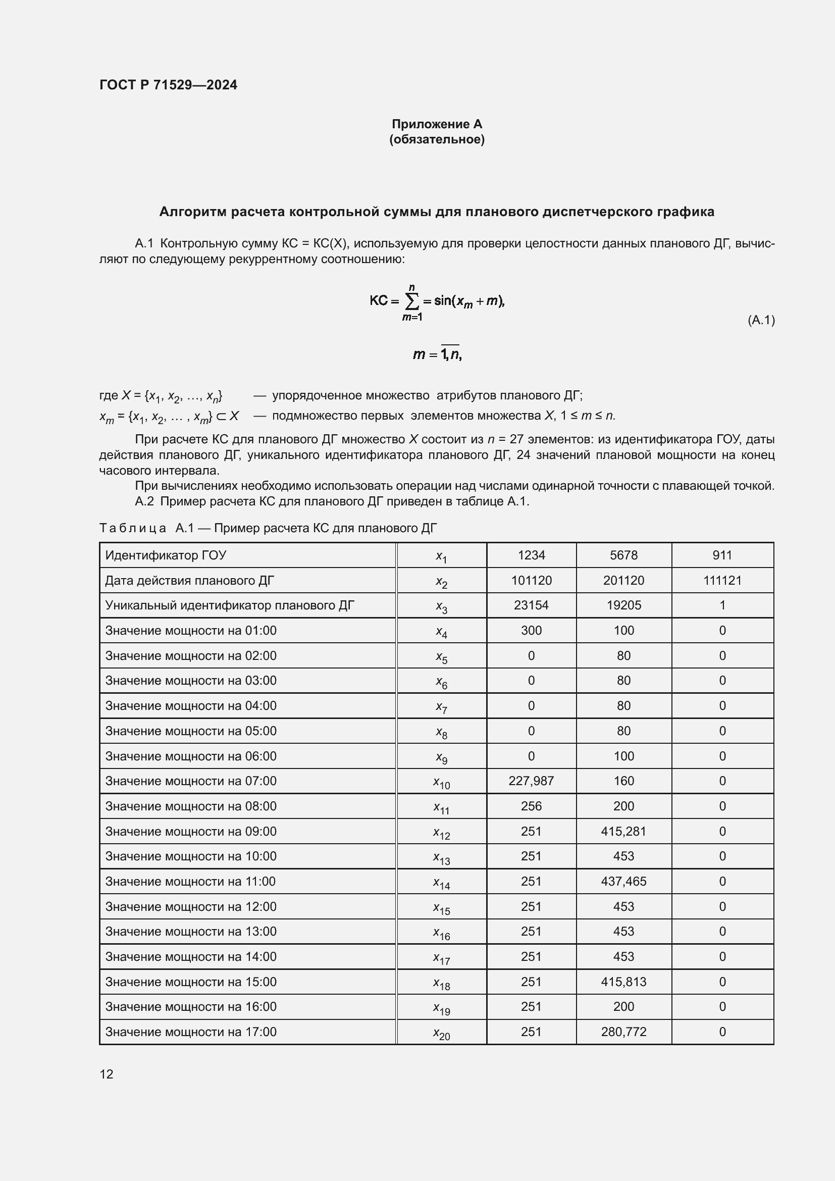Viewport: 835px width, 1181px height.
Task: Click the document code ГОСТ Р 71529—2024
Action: click(168, 85)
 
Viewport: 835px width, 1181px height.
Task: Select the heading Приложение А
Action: click(437, 124)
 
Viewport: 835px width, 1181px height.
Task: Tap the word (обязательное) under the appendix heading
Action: click(437, 139)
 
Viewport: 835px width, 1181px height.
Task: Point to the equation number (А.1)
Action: click(760, 320)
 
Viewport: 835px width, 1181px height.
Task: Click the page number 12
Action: click(107, 1074)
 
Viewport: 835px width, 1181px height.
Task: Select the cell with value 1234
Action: click(531, 555)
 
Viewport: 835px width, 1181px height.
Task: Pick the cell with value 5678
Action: click(623, 555)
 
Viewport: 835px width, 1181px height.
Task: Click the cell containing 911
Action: click(722, 555)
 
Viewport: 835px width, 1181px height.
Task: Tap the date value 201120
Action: click(623, 580)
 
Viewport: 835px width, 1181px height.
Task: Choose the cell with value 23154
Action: click(531, 605)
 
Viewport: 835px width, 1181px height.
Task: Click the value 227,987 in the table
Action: click(531, 781)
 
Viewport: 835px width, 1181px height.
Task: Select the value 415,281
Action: click(623, 831)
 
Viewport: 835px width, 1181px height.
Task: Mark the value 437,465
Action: click(623, 881)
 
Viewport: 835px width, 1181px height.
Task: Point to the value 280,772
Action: click(623, 1032)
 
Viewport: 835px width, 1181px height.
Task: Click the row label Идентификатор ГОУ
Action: click(166, 555)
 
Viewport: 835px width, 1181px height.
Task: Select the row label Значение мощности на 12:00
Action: click(191, 906)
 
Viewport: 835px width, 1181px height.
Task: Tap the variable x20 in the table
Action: click(441, 1033)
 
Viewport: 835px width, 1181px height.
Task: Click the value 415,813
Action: click(623, 982)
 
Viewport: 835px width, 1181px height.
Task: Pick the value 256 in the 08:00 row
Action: click(531, 806)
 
